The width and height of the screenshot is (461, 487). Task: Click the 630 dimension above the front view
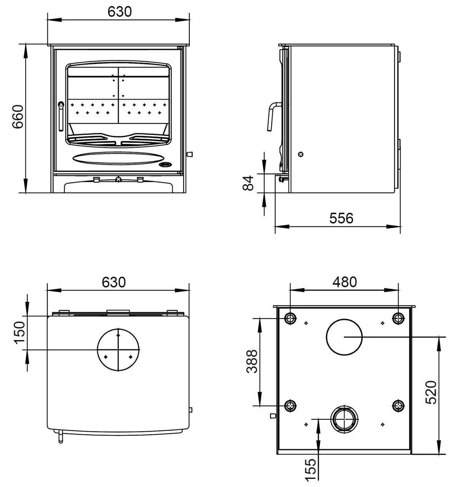click(x=119, y=12)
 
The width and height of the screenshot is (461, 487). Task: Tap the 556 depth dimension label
click(x=341, y=218)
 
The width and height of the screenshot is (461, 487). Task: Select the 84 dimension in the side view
click(x=249, y=183)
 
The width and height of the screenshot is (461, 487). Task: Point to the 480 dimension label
click(x=345, y=282)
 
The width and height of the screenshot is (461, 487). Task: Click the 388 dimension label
click(x=252, y=361)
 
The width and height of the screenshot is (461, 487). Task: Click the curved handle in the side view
click(x=272, y=115)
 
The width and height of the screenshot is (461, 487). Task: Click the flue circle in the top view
click(x=118, y=350)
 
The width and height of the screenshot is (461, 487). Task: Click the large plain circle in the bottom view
click(x=344, y=337)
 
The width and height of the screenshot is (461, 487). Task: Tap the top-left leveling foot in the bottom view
click(x=290, y=318)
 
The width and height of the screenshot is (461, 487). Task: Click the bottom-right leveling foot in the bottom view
click(x=398, y=405)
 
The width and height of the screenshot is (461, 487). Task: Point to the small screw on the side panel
click(x=301, y=155)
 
